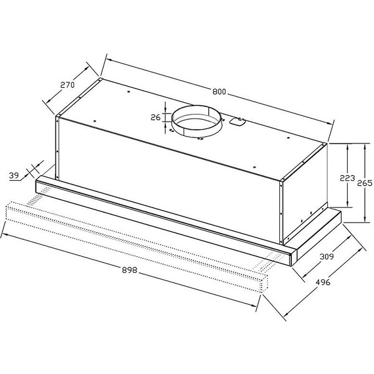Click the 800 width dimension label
point(219,92)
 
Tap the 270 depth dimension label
point(67,85)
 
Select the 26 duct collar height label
point(155,117)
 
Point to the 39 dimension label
point(14,176)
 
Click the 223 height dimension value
point(347,178)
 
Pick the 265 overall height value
point(365,183)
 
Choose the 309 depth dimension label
point(327,257)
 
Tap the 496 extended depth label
point(323,282)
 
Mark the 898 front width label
point(130,270)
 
